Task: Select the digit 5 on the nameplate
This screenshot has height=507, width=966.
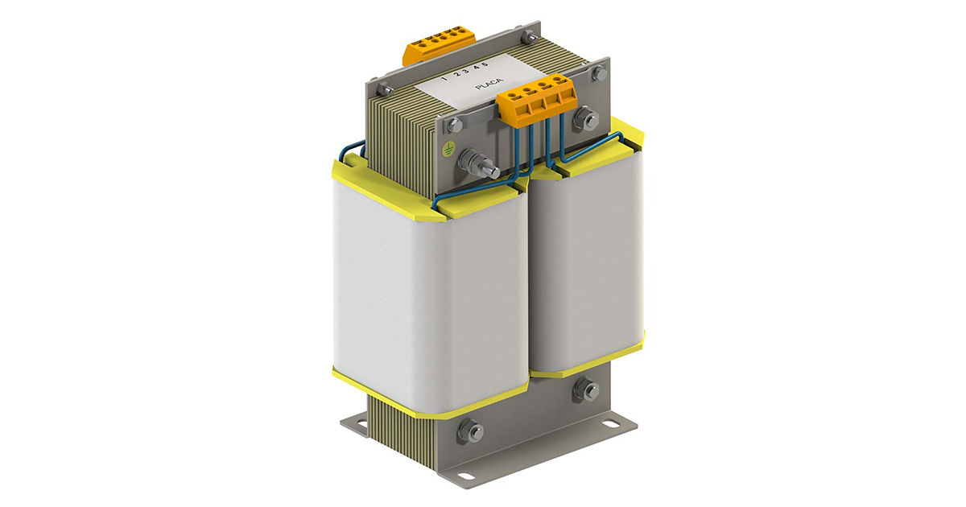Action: point(508,63)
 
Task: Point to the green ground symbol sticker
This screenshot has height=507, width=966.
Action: point(448,148)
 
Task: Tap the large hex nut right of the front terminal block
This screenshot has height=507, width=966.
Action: point(586,121)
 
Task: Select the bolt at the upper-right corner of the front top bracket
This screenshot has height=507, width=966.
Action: point(598,73)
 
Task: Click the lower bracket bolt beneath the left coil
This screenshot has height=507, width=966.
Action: point(473,431)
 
